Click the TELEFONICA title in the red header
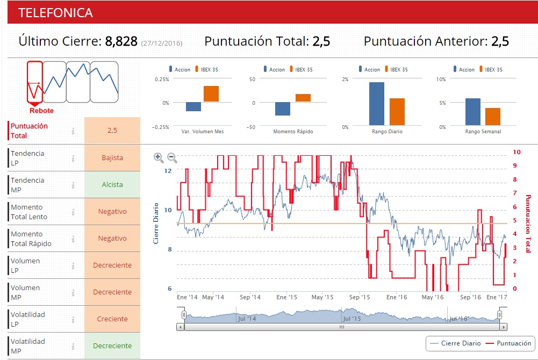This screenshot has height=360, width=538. [x=55, y=13]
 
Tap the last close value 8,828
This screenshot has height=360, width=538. [x=121, y=41]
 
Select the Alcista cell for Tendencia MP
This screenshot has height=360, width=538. [x=112, y=185]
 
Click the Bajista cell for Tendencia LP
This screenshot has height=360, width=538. [x=112, y=158]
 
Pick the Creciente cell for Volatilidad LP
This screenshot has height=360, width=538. [x=112, y=319]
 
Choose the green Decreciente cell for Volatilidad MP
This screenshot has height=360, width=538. [x=112, y=346]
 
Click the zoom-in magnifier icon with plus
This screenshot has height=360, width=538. [x=159, y=157]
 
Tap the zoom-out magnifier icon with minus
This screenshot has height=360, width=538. [x=172, y=157]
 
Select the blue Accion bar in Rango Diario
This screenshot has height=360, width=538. [x=377, y=104]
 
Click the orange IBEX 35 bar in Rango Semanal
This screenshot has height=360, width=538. [x=493, y=117]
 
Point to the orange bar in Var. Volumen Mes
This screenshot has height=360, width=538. [x=211, y=94]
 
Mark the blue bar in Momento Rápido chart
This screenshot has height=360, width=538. [x=283, y=109]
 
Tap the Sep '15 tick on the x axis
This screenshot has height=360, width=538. [x=360, y=297]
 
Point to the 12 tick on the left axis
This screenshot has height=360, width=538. [x=168, y=171]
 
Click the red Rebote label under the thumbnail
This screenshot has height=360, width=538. [x=41, y=111]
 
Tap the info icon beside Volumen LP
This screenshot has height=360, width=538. [x=73, y=265]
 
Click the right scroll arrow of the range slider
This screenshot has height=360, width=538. [x=503, y=327]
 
